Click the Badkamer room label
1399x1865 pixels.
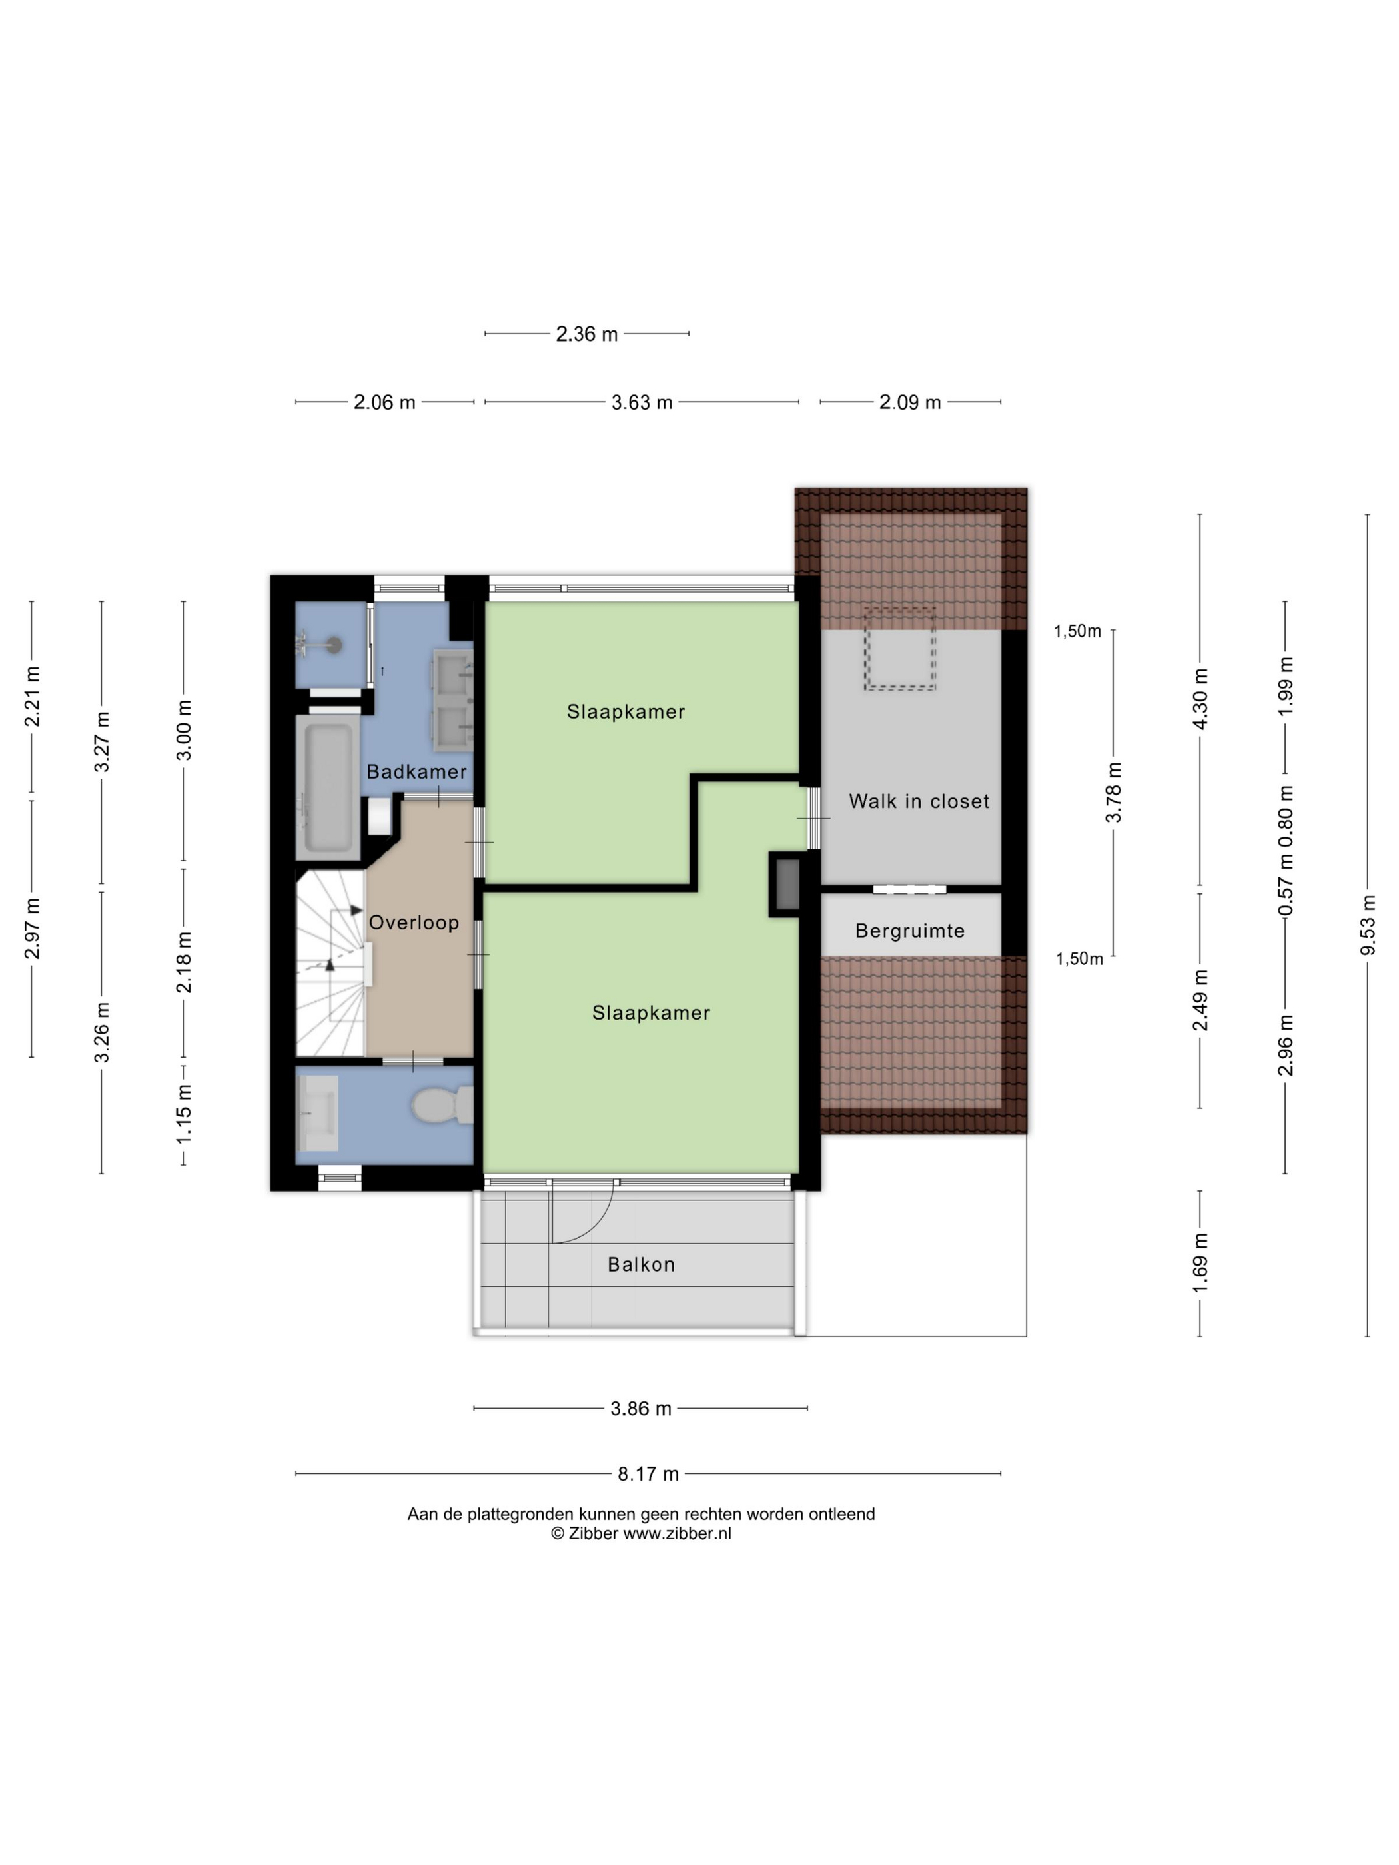[416, 771]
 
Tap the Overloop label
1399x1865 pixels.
[414, 923]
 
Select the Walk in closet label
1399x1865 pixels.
[919, 801]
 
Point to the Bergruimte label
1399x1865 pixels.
[910, 931]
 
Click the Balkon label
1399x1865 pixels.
[641, 1264]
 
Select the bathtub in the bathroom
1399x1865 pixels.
[328, 787]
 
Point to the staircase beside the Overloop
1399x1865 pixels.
[330, 964]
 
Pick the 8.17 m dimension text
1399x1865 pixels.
[648, 1474]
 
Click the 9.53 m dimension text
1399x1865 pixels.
[1368, 925]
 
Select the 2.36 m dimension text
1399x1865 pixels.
[587, 334]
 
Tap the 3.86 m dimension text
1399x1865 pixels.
[641, 1409]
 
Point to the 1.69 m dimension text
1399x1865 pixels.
[1200, 1262]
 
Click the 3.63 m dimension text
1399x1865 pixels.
[642, 402]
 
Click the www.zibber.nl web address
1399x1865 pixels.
[677, 1534]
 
